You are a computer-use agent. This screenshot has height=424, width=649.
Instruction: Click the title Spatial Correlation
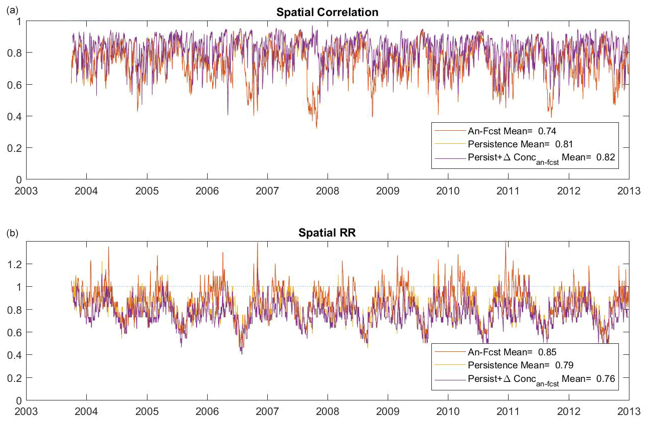327,12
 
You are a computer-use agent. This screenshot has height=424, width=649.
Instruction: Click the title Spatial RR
327,233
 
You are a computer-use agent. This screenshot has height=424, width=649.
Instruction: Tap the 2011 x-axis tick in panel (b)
508,411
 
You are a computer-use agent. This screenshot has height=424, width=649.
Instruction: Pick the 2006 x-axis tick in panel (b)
207,411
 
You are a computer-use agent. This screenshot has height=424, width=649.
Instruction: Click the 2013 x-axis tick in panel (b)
629,411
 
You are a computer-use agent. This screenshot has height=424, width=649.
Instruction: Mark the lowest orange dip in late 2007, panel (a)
316,128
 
